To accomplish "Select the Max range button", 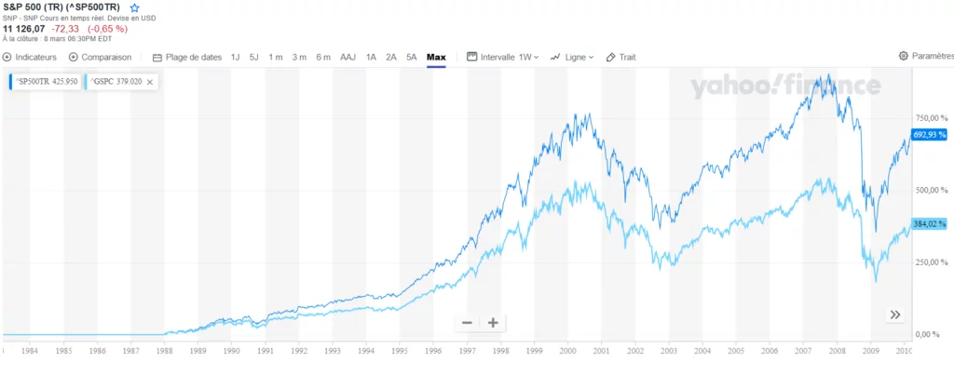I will pyautogui.click(x=436, y=57).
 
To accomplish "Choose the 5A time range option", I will pyautogui.click(x=411, y=57).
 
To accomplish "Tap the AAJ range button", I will pyautogui.click(x=348, y=57).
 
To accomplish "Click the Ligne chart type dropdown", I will pyautogui.click(x=572, y=57).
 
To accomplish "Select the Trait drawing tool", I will pyautogui.click(x=620, y=57).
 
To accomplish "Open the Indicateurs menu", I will pyautogui.click(x=30, y=57).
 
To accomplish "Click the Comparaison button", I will pyautogui.click(x=100, y=57).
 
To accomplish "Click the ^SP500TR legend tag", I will pyautogui.click(x=44, y=82).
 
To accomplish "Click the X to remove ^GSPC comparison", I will pyautogui.click(x=150, y=82).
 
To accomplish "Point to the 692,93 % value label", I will pyautogui.click(x=929, y=135).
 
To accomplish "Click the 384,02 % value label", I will pyautogui.click(x=929, y=224).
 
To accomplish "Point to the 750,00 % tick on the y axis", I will pyautogui.click(x=928, y=118).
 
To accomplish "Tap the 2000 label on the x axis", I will pyautogui.click(x=568, y=353).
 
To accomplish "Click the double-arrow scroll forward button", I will pyautogui.click(x=894, y=315).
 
